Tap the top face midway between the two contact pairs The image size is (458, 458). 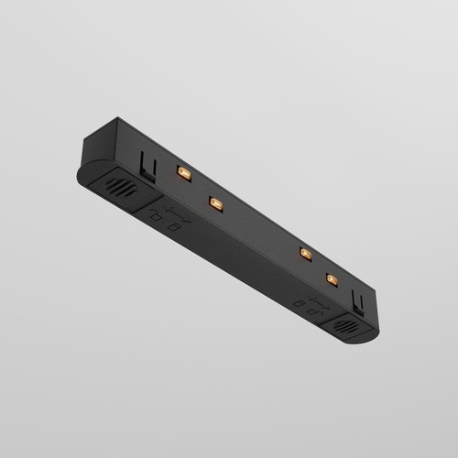[258, 226]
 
